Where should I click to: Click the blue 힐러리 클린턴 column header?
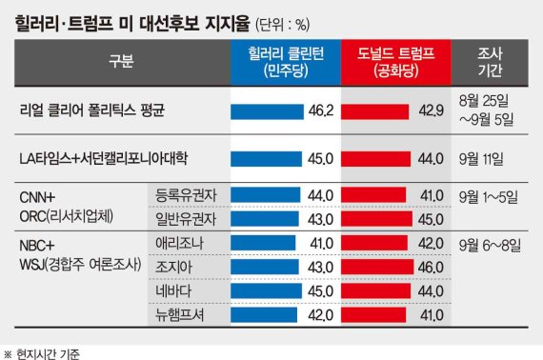click(284, 61)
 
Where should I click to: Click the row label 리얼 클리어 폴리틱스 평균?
click(91, 111)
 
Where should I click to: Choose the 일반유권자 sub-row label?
click(187, 218)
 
